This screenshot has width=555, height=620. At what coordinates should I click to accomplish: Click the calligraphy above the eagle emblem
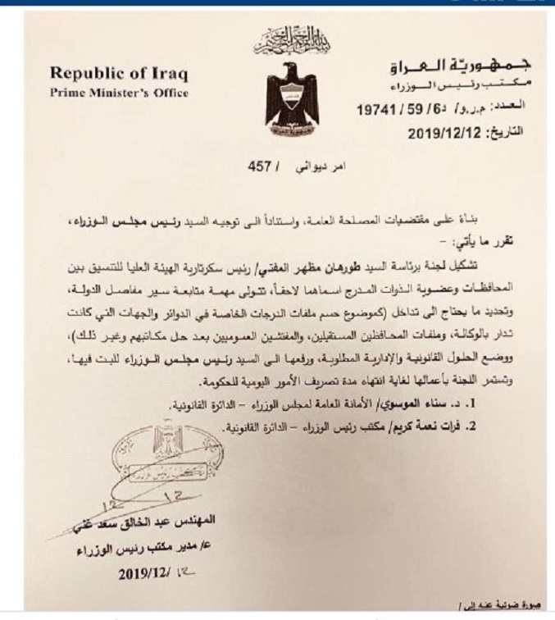pos(283,37)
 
